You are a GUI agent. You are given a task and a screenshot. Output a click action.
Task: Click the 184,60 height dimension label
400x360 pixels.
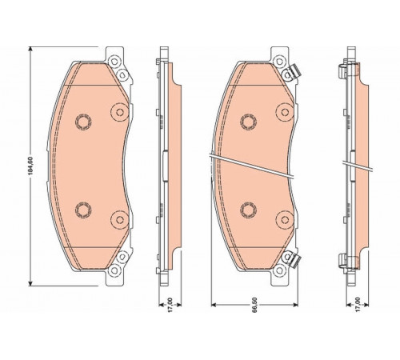tap(31, 166)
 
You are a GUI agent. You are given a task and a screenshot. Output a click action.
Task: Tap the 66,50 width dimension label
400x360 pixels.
tap(254, 305)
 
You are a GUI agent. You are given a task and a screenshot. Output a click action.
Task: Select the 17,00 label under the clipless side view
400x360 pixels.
tap(170, 305)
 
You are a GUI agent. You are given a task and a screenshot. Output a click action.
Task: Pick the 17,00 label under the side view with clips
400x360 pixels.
tap(358, 305)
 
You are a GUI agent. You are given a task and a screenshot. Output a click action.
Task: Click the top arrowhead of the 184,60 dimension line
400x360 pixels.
tap(30, 49)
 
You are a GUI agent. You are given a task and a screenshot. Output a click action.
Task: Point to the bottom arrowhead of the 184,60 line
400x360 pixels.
tap(30, 283)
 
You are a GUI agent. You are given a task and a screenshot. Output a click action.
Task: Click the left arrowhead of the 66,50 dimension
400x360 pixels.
tap(214, 305)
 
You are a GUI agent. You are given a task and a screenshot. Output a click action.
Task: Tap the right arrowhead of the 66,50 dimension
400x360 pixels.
tap(295, 305)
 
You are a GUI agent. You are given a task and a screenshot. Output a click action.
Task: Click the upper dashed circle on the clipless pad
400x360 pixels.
tap(83, 122)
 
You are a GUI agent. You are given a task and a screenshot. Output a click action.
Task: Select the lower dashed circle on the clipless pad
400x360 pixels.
tap(83, 210)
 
